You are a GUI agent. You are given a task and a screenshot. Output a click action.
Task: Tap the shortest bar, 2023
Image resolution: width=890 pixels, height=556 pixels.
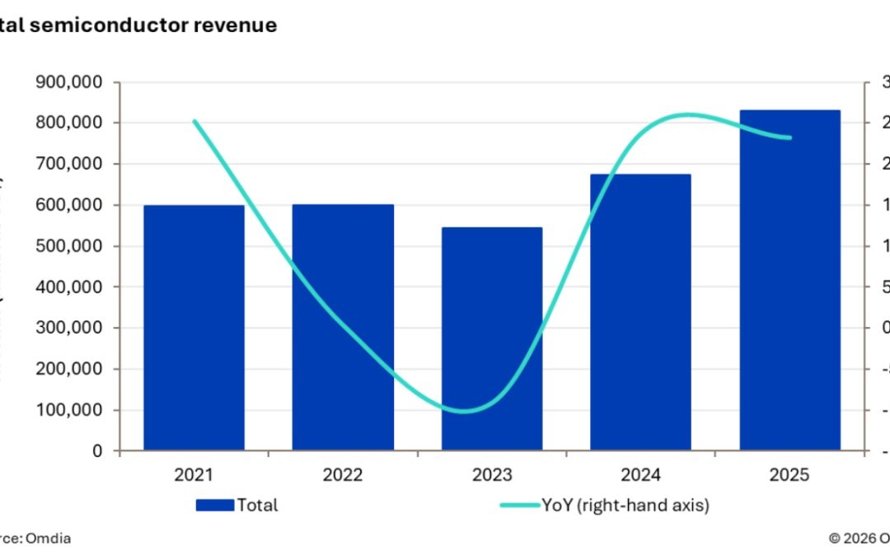[491, 339]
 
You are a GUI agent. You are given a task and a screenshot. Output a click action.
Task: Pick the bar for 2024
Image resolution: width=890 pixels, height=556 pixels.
[640, 312]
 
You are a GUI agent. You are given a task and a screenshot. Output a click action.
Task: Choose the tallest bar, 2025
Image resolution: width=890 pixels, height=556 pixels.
[789, 280]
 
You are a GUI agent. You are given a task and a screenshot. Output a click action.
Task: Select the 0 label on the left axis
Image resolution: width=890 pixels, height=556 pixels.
[97, 451]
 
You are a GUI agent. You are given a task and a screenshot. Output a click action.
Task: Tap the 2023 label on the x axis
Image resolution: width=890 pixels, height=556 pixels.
[491, 475]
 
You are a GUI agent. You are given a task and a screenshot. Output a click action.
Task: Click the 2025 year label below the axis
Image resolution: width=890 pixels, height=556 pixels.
[789, 475]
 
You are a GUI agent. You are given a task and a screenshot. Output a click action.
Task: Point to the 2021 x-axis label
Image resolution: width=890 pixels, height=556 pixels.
[194, 475]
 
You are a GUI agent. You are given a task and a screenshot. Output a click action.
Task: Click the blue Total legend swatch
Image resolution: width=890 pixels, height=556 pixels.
[214, 506]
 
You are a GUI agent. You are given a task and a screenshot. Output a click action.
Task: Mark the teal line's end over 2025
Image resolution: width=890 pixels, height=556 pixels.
[790, 138]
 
